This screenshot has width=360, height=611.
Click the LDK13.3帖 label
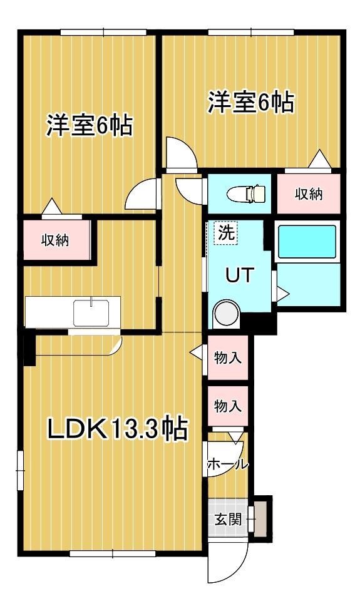118,429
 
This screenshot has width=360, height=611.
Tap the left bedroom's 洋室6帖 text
88,125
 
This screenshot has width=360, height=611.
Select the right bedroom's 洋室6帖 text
250,103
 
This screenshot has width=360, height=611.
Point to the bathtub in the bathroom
307,242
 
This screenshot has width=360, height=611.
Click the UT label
239,275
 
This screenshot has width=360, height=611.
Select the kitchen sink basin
91,312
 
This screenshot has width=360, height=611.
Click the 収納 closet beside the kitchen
56,240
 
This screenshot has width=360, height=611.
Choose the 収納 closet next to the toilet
309,194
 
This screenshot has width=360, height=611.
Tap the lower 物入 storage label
228,405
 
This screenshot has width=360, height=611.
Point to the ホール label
227,465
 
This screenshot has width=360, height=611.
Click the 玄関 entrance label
227,519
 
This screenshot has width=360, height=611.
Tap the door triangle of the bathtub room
282,292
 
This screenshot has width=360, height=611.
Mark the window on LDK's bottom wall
113,553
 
